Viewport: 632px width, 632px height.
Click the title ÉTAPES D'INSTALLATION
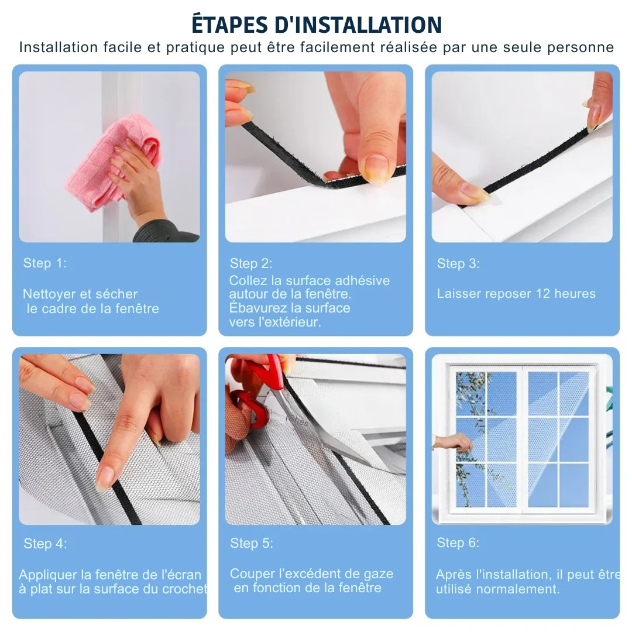317,24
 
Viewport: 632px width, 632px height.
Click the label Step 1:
45,263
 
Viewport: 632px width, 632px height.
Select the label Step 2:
251,263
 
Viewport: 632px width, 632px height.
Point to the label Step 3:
458,263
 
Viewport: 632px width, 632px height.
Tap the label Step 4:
45,544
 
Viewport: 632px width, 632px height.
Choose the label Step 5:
251,543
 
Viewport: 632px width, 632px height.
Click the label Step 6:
458,542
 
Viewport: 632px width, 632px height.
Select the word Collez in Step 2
246,280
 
